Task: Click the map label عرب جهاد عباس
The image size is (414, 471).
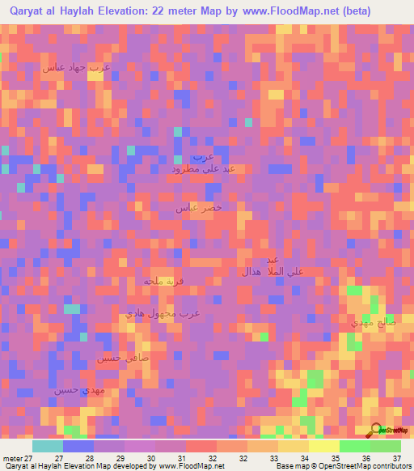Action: tap(76, 68)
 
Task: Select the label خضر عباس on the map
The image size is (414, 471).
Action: tap(199, 208)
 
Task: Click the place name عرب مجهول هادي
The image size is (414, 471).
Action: tap(163, 312)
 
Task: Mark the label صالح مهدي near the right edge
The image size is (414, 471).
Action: tap(373, 322)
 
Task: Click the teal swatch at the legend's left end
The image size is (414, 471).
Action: tap(48, 446)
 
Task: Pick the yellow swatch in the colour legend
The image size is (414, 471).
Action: tap(324, 446)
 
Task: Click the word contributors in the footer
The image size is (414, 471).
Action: tap(389, 466)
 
